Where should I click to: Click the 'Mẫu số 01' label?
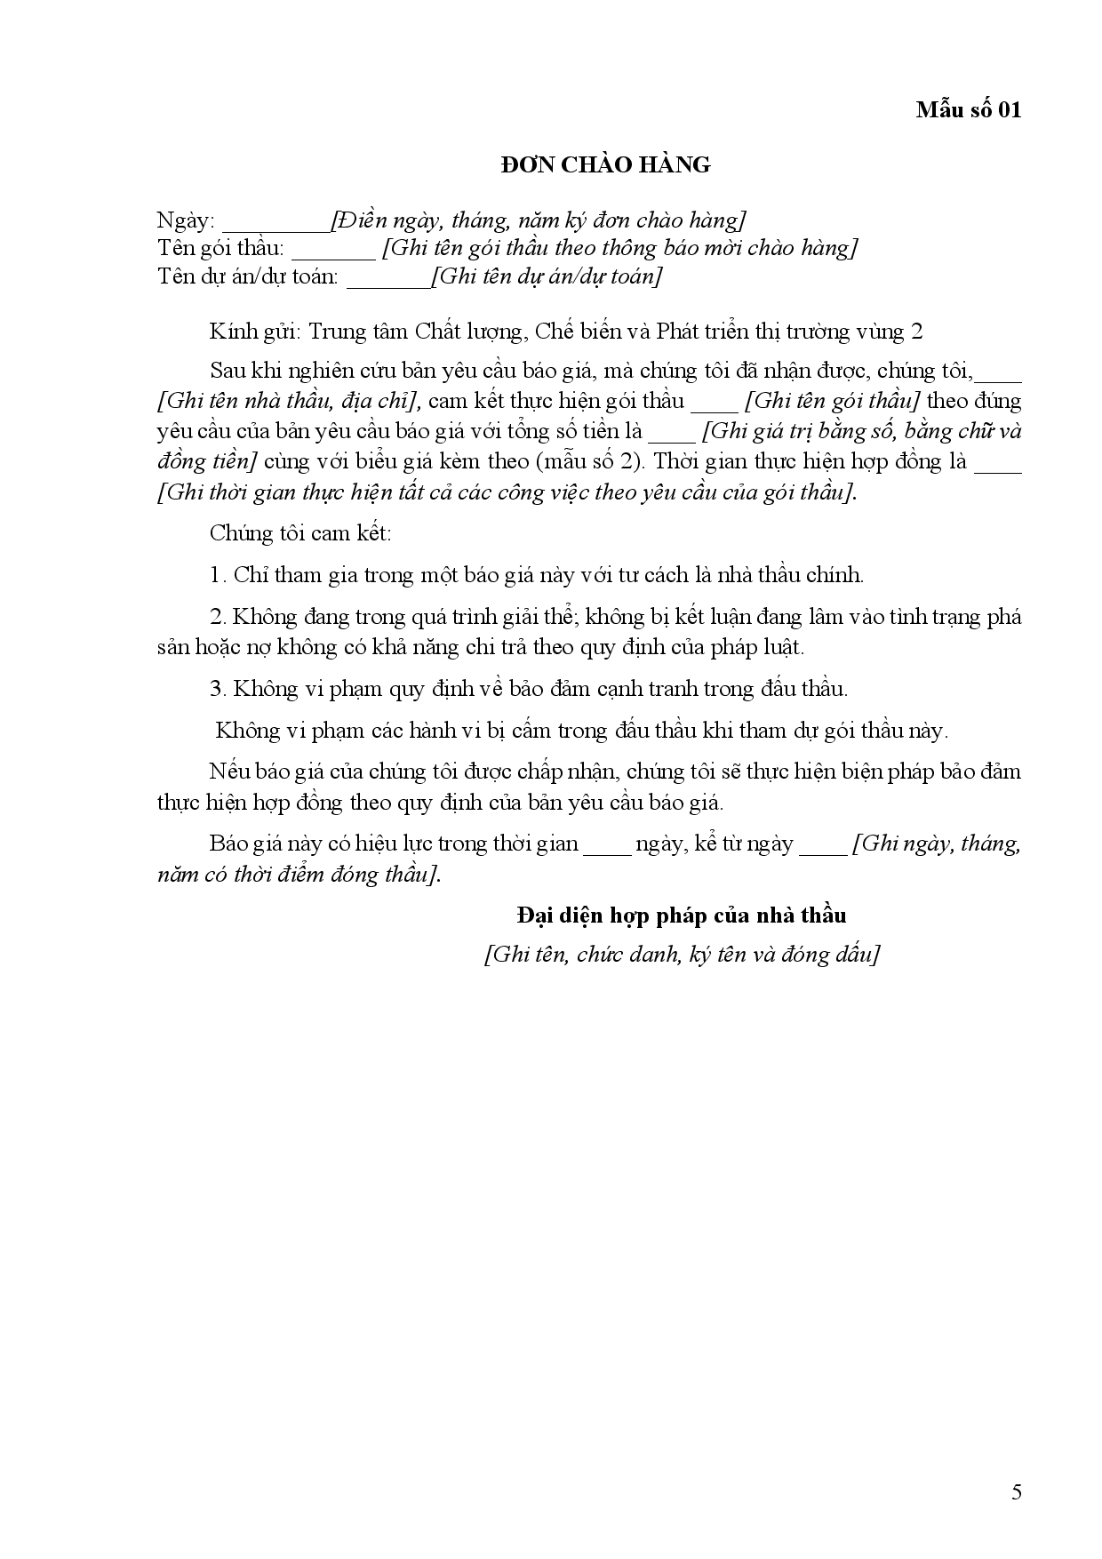point(969,109)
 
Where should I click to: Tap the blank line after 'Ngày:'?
point(275,224)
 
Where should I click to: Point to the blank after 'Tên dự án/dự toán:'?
point(388,281)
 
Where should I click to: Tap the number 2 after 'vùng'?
point(917,332)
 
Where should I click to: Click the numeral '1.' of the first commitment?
point(219,575)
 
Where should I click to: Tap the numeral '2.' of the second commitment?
point(219,617)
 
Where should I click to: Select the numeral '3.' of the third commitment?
point(219,689)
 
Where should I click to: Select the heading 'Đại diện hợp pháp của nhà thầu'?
point(682,915)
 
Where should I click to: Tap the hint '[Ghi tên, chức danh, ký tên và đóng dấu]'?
point(682,955)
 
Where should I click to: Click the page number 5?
point(1017,1491)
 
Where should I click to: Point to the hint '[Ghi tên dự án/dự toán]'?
point(547,276)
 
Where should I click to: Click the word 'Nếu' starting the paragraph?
point(226,771)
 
